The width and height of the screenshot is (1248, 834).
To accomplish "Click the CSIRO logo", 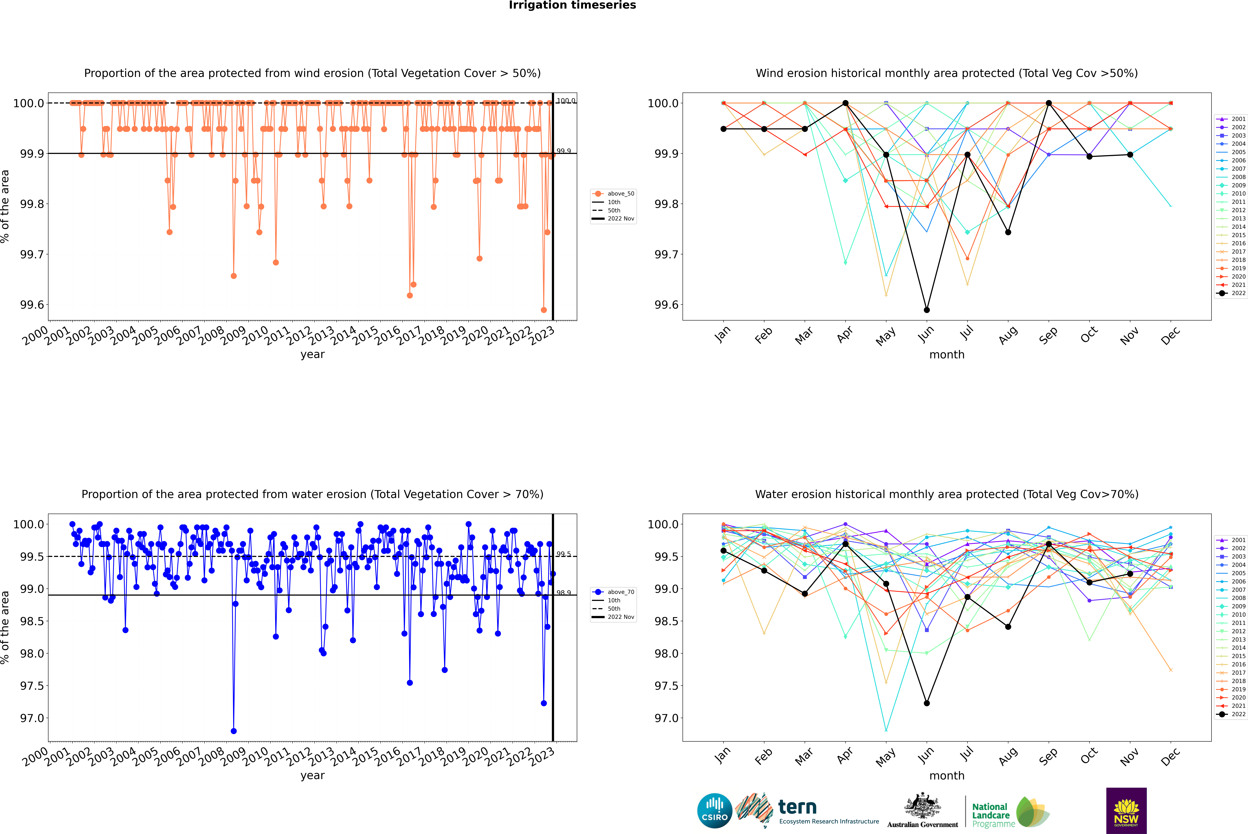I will [715, 811].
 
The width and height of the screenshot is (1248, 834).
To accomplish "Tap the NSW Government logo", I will [1126, 811].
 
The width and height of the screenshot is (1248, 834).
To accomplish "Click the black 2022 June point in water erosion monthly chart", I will [927, 703].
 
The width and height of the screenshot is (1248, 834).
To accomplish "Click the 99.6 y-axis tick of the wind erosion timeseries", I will [32, 305].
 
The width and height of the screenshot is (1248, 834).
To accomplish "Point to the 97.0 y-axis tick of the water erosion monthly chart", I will [666, 718].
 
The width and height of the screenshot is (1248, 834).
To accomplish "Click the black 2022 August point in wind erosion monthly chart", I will [1008, 232].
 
